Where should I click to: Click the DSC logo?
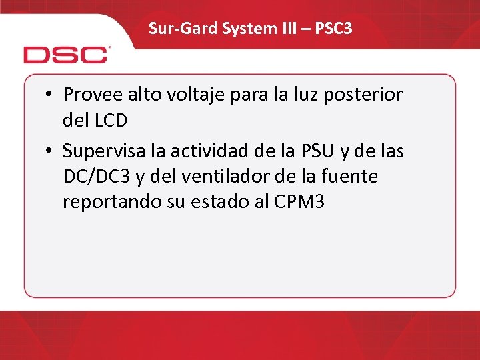point(67,54)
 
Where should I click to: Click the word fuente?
point(351,176)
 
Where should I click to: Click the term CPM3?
point(299,202)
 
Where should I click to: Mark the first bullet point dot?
point(50,95)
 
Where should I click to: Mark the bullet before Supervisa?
point(50,152)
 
